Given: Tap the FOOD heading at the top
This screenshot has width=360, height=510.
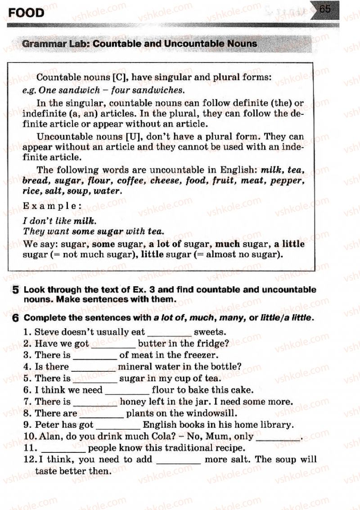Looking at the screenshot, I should click(x=27, y=13).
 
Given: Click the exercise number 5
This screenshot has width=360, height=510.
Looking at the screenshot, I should click(x=15, y=290).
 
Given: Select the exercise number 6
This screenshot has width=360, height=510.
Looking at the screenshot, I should click(x=15, y=318).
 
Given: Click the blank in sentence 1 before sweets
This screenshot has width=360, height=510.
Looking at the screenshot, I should click(x=169, y=334).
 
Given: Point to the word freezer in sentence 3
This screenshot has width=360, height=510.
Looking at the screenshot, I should click(x=198, y=355).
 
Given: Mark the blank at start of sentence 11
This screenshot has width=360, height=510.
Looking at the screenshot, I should click(x=63, y=449).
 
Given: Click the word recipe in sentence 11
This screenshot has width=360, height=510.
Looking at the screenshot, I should click(x=229, y=448).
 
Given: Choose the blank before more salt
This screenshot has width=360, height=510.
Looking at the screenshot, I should click(x=178, y=460).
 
